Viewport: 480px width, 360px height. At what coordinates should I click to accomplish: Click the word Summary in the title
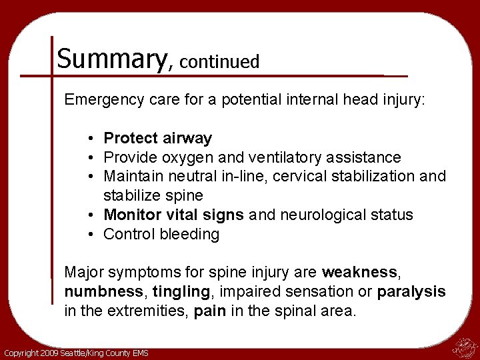(x=113, y=59)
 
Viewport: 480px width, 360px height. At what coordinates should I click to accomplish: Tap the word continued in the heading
(x=219, y=62)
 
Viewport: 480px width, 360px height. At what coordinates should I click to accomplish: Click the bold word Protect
(x=131, y=139)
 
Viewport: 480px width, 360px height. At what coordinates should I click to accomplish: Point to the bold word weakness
(x=359, y=273)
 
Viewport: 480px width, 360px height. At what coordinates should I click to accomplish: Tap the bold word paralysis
(x=411, y=292)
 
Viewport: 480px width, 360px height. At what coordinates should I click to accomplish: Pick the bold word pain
(x=209, y=311)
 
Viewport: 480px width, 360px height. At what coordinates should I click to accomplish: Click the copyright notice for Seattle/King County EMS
(x=76, y=353)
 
